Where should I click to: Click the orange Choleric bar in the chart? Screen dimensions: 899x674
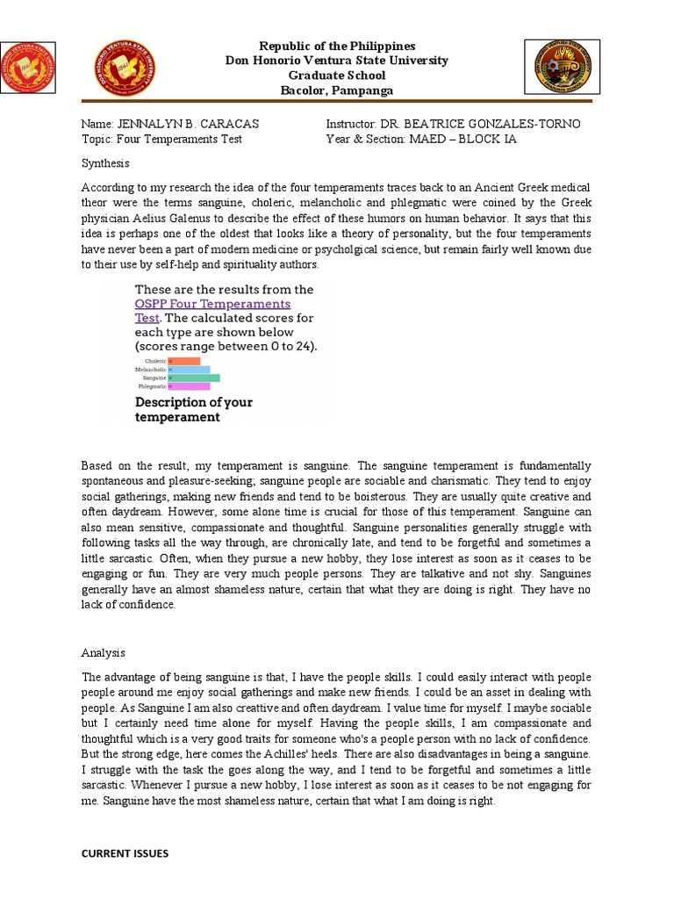pyautogui.click(x=184, y=361)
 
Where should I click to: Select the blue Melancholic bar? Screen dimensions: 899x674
pyautogui.click(x=189, y=370)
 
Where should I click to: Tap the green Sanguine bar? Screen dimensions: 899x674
pyautogui.click(x=194, y=378)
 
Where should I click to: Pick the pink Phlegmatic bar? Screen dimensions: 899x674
pyautogui.click(x=189, y=386)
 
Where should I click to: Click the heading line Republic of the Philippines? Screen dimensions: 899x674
pyautogui.click(x=336, y=46)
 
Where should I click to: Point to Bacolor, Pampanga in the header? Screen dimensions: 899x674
pyautogui.click(x=336, y=90)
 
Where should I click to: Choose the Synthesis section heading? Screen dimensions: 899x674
pyautogui.click(x=105, y=163)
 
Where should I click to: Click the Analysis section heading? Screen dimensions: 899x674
pyautogui.click(x=104, y=653)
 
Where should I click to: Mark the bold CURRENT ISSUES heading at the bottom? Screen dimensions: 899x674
pyautogui.click(x=125, y=853)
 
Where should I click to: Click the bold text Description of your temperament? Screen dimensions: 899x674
pyautogui.click(x=193, y=410)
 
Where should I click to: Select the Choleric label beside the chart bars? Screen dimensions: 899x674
pyautogui.click(x=154, y=361)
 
